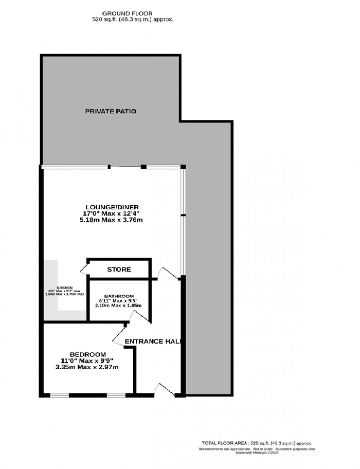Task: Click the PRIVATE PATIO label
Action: click(x=111, y=111)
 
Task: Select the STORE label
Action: click(x=119, y=270)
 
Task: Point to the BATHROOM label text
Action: click(x=119, y=296)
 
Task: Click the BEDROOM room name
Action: click(x=88, y=354)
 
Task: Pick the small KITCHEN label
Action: click(x=64, y=288)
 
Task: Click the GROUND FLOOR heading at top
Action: click(x=132, y=14)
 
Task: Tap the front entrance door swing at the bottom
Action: click(x=165, y=389)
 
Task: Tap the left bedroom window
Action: click(x=60, y=396)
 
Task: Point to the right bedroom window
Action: click(x=116, y=396)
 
